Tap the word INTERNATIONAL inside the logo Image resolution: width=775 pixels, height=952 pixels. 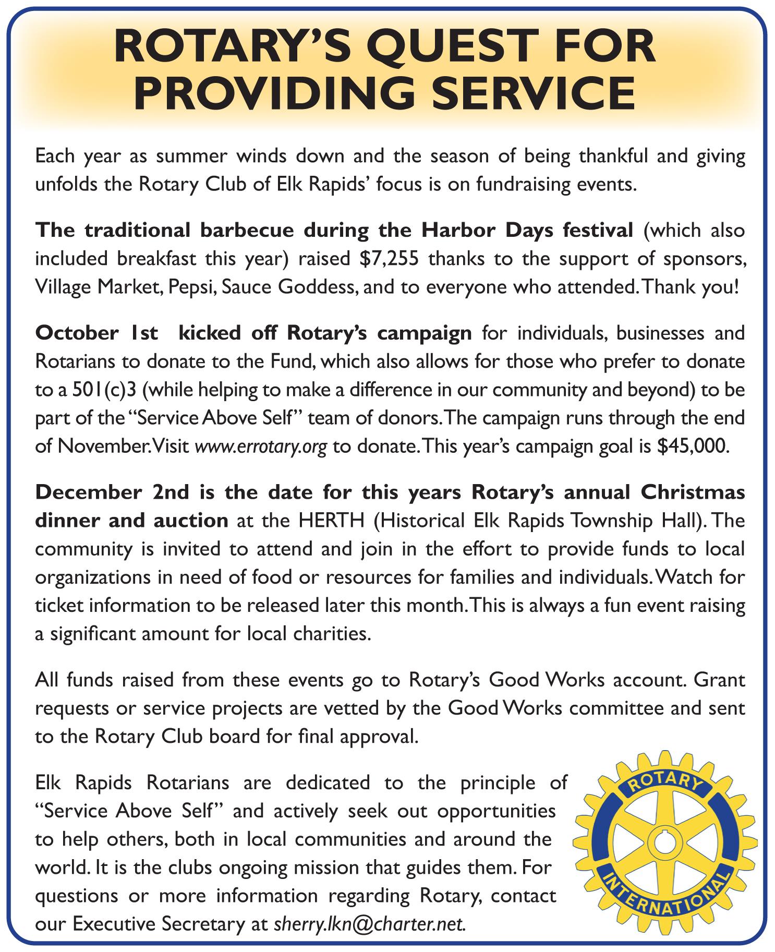tap(663, 898)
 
